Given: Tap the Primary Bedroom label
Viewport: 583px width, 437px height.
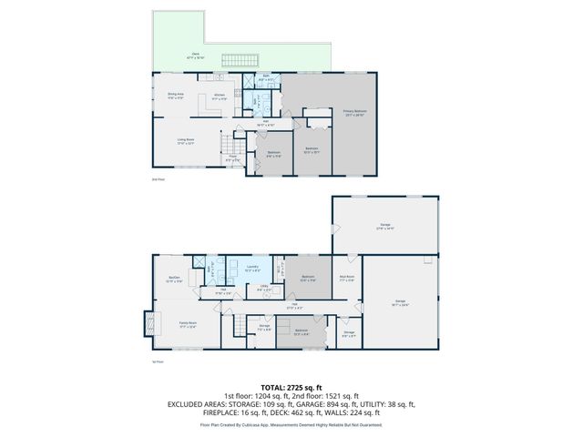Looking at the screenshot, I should pos(328,111).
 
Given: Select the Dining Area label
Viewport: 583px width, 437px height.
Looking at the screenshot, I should pos(175,95).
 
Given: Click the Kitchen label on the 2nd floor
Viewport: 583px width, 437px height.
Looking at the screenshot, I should pos(219,95).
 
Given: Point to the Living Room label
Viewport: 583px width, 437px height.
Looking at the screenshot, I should pos(185,140).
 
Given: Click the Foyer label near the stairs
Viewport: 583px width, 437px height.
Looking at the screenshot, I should pos(233,158).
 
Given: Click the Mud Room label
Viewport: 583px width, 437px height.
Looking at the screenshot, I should pos(346,278).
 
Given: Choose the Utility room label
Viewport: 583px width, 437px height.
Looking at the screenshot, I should pos(263,289).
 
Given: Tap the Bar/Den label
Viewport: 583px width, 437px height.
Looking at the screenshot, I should pos(174,279).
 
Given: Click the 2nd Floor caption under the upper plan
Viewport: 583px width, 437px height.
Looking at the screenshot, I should pos(158,179).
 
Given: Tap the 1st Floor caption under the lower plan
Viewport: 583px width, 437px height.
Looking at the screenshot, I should pos(158,362).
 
